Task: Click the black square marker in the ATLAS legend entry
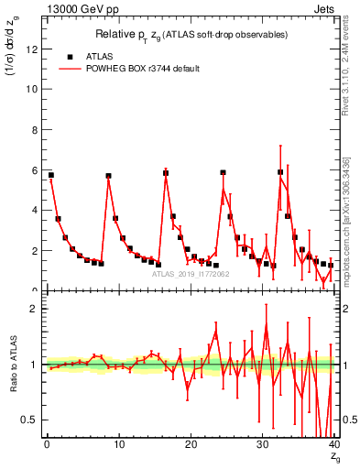click(x=70, y=55)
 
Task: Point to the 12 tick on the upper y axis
click(x=34, y=49)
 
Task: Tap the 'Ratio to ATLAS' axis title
click(x=12, y=365)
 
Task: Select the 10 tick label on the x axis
click(x=118, y=446)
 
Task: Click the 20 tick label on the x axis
click(x=190, y=446)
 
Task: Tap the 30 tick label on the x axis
click(x=262, y=446)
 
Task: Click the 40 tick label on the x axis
click(x=333, y=446)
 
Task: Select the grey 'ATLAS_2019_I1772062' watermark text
click(x=190, y=273)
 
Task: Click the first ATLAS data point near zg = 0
click(x=50, y=174)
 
